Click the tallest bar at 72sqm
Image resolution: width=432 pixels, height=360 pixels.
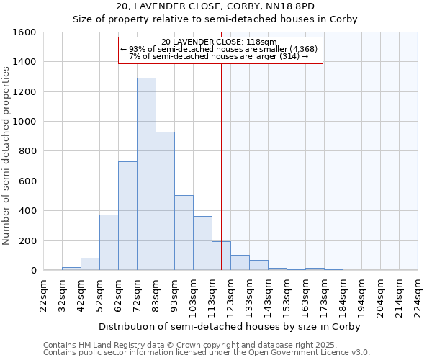pos(146,174)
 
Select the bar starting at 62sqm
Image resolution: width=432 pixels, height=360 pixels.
pos(127,216)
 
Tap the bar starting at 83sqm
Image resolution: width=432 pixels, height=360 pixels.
pos(165,201)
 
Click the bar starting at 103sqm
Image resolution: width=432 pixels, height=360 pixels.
pos(202,243)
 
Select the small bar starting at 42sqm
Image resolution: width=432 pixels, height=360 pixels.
pos(90,264)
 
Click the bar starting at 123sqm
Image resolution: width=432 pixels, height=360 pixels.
pos(240,263)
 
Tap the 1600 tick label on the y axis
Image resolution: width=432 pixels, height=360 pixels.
pos(24,32)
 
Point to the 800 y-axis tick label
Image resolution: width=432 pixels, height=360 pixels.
pos(27,151)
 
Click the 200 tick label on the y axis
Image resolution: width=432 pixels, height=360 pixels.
pos(27,240)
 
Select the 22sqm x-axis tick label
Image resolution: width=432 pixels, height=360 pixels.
pos(43,295)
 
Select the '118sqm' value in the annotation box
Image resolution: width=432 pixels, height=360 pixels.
pos(261,42)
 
